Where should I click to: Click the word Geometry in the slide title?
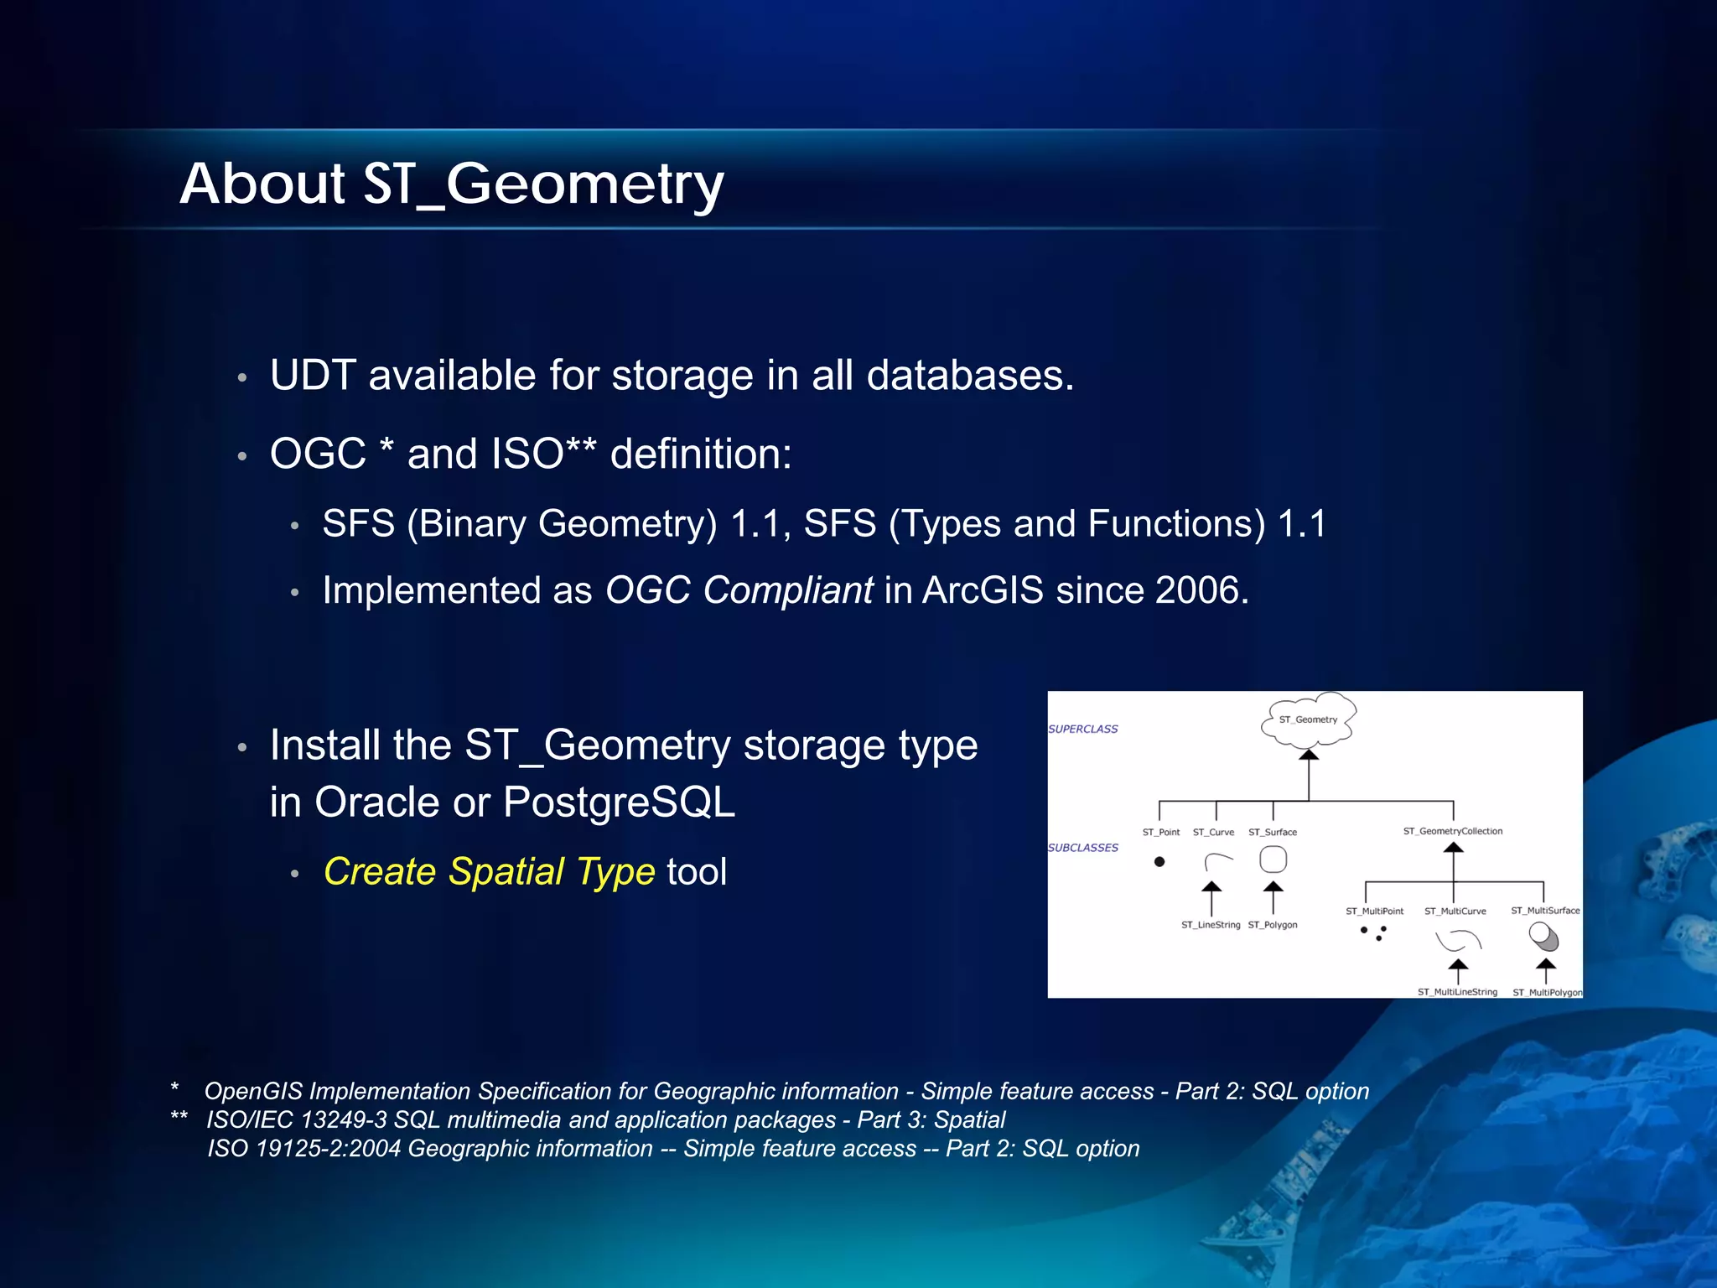[584, 184]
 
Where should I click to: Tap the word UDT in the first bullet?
[313, 375]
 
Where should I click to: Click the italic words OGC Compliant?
[739, 590]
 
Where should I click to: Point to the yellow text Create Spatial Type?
[489, 871]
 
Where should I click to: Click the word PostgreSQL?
[619, 802]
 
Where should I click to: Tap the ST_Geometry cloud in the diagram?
[1308, 719]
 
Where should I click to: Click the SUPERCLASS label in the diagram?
[1082, 729]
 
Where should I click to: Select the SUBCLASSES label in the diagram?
[1082, 848]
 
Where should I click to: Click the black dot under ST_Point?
[1159, 861]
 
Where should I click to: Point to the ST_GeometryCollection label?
[1453, 831]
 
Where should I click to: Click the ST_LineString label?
[1210, 925]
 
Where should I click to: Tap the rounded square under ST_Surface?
[1273, 860]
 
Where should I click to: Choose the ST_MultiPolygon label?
[1547, 992]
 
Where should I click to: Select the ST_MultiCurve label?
[1455, 911]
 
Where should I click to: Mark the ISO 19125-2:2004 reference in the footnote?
[304, 1149]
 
